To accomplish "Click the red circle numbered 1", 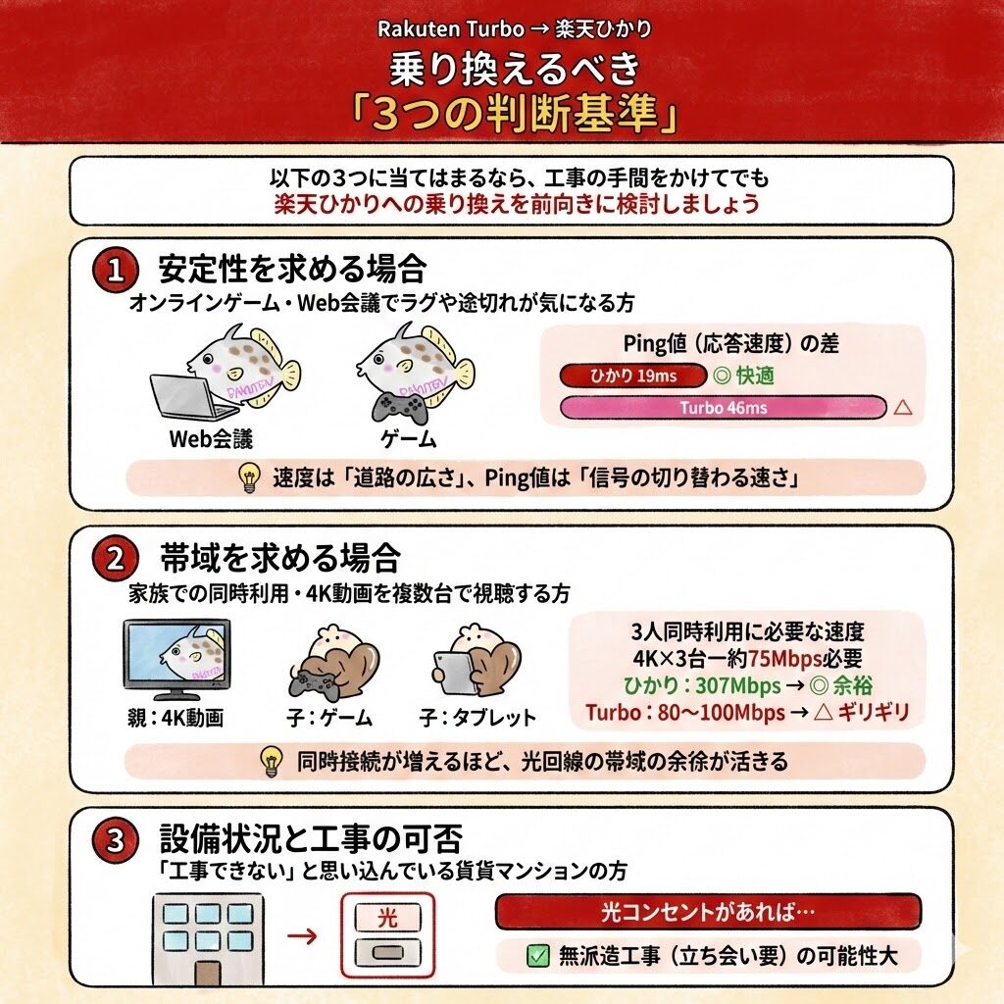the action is click(116, 271).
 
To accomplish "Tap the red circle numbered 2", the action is click(116, 559).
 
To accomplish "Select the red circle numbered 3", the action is click(116, 839).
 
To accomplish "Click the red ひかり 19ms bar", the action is click(632, 376).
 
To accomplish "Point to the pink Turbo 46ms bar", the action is click(723, 408).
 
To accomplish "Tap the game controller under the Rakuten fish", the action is click(400, 407).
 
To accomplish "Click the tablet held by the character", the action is click(455, 673).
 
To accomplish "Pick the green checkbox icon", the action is click(538, 956).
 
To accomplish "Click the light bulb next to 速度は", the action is click(249, 477).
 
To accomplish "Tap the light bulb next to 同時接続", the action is click(272, 761).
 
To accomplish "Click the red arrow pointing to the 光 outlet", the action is click(302, 936).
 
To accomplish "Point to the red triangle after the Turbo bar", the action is click(903, 407).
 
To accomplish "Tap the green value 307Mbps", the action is click(738, 685).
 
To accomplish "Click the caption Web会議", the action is click(211, 439).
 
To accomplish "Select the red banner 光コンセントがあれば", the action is click(708, 911).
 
